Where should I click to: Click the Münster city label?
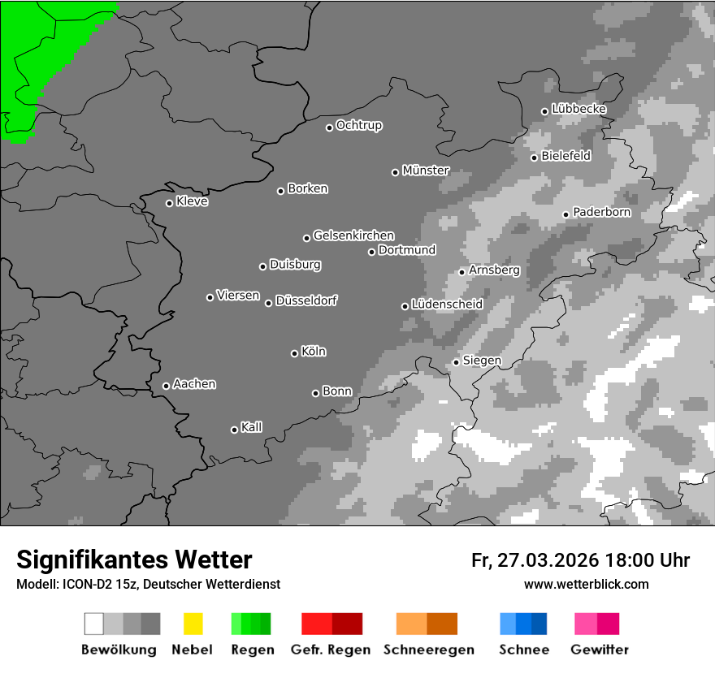[426, 171]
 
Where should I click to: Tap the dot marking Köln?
[294, 353]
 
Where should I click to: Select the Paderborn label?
[602, 213]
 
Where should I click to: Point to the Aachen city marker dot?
[166, 386]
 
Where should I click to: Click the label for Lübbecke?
[579, 109]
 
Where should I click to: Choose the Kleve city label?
[192, 201]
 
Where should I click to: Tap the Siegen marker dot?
[456, 362]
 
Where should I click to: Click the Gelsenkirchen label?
[353, 235]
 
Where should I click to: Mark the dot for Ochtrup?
[329, 127]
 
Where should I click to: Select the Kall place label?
[252, 427]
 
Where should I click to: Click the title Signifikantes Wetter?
[134, 560]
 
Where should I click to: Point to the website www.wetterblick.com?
[587, 584]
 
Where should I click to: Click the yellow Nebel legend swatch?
[193, 624]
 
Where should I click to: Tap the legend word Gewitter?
[600, 650]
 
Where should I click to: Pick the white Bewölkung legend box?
[94, 624]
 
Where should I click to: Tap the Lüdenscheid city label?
[447, 305]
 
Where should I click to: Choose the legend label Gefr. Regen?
[331, 650]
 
